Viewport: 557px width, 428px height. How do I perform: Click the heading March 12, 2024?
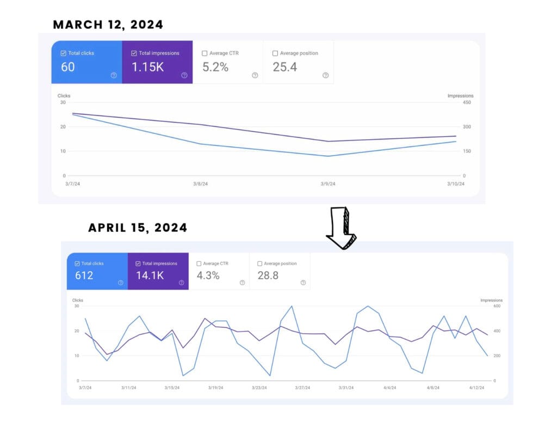coord(108,25)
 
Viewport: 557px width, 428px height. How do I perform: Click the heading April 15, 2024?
coord(138,228)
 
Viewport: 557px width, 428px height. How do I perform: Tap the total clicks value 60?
coord(68,67)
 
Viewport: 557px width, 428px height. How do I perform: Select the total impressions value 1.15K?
coord(148,67)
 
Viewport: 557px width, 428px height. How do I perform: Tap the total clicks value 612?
coord(84,276)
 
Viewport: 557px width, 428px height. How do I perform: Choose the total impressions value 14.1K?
coord(150,276)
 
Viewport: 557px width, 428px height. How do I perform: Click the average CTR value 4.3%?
coord(208,276)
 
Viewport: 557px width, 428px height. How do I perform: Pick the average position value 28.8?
coord(268,276)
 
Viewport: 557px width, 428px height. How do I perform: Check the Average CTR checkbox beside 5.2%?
coord(205,53)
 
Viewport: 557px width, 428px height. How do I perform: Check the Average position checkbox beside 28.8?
coord(260,264)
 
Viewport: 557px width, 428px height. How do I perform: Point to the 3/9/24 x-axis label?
coord(328,184)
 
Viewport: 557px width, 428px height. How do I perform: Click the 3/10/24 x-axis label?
coord(456,184)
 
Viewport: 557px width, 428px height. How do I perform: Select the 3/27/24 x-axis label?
coord(302,388)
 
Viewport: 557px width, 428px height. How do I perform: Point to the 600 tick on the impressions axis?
coord(497,306)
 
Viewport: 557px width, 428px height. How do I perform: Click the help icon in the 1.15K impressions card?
coord(184,75)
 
